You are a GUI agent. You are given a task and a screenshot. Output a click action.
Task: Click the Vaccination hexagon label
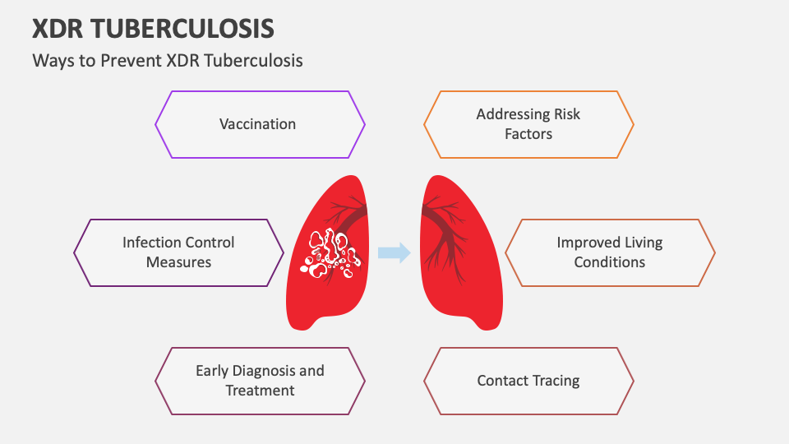tap(257, 124)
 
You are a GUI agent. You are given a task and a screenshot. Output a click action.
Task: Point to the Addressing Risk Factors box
tap(528, 124)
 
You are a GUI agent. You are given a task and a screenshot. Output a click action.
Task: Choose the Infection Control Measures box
tap(178, 252)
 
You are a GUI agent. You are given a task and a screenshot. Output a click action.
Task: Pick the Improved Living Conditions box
tap(609, 252)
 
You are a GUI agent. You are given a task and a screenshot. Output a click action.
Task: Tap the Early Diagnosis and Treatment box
tap(260, 381)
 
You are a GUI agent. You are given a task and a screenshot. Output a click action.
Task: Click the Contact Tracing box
tap(528, 381)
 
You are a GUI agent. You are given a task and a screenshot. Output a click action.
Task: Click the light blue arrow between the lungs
tap(394, 252)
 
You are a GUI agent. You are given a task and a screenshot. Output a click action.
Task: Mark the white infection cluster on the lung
tap(330, 252)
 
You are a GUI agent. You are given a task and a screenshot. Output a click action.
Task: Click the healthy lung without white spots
tap(464, 280)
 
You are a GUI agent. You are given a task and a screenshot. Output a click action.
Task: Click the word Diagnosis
tap(261, 371)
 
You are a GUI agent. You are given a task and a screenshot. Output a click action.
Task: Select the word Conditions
tap(609, 262)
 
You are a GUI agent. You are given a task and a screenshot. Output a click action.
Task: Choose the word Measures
tap(178, 262)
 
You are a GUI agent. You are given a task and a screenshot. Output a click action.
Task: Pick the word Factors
tap(528, 133)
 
